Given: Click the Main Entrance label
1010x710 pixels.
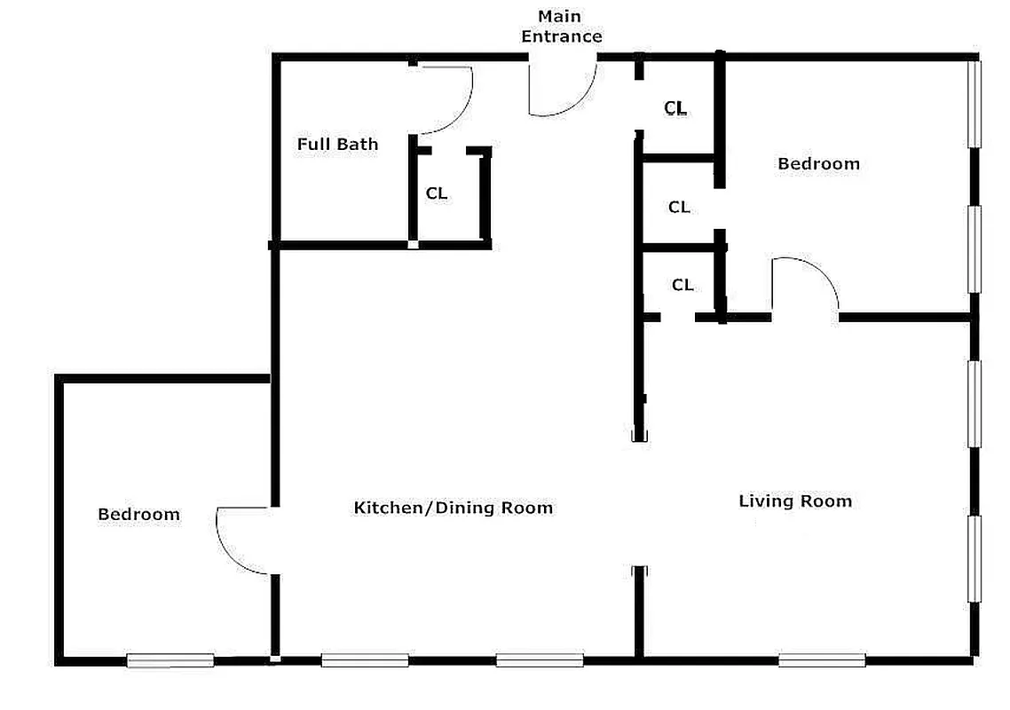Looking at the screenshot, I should [561, 27].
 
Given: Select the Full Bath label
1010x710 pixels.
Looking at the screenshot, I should [337, 145].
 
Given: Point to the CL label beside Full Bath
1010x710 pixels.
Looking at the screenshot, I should [437, 193].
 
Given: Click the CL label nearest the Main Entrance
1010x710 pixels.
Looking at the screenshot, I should [675, 108].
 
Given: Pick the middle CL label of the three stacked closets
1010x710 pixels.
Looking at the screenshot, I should [679, 208].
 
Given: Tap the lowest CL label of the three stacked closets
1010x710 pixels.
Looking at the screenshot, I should [682, 286].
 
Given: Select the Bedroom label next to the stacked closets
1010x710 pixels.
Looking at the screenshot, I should [818, 163].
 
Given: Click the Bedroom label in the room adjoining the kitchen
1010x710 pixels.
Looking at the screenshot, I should [138, 515].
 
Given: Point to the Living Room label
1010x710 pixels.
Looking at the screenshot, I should [795, 501].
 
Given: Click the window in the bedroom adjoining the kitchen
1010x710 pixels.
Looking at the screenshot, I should [170, 660].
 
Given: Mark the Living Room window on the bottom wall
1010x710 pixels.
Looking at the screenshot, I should [822, 660].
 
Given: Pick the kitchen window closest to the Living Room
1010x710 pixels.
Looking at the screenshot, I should [540, 660].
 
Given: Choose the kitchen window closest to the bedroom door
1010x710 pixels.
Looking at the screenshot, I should [365, 660].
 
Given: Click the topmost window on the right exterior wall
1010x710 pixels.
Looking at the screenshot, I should [974, 102].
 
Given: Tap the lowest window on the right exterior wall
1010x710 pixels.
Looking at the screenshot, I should [974, 559].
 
